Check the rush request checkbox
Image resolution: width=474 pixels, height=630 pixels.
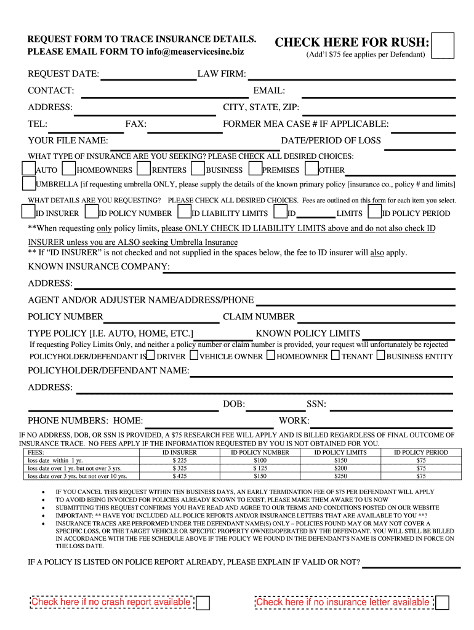[443, 46]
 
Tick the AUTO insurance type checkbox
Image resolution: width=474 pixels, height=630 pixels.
[28, 168]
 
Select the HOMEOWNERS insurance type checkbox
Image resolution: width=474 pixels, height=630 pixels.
[69, 168]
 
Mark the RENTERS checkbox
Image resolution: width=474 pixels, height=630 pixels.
[143, 168]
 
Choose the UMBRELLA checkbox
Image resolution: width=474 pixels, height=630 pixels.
[28, 183]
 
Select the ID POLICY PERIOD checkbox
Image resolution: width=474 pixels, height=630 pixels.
[374, 212]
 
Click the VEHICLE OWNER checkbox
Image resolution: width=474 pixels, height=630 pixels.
[194, 355]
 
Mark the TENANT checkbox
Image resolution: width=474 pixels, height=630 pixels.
[335, 355]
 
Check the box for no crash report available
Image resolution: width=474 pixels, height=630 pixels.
[203, 602]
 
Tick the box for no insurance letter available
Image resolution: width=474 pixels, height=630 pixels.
[442, 602]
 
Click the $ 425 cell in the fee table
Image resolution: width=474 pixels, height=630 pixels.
[179, 476]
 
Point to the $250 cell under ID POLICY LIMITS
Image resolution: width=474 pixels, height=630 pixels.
[340, 476]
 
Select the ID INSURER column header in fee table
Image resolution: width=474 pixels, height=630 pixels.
[179, 452]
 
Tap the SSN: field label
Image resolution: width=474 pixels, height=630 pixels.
[316, 404]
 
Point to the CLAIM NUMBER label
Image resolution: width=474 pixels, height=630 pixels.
[259, 316]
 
